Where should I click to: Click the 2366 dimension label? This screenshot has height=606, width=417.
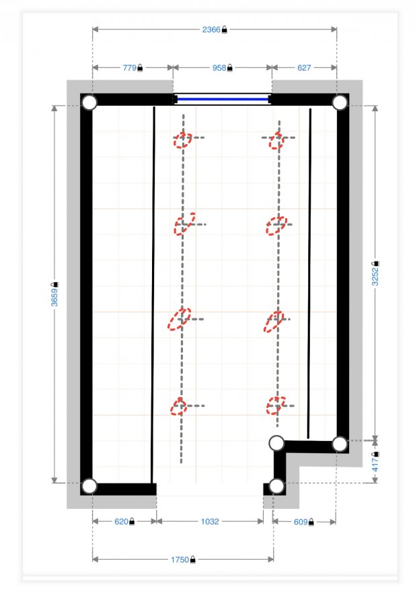click(x=211, y=30)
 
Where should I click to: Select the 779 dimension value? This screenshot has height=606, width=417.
click(x=129, y=68)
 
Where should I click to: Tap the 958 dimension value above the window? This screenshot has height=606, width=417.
click(x=219, y=68)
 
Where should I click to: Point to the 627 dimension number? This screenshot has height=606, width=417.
click(x=304, y=68)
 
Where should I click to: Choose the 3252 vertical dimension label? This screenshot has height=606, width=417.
click(x=375, y=277)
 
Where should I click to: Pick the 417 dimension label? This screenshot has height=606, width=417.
click(x=375, y=465)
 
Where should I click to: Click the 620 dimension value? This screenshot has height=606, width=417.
click(x=121, y=522)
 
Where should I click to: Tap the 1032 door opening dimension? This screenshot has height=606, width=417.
click(x=210, y=522)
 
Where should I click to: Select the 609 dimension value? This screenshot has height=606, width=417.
click(x=301, y=522)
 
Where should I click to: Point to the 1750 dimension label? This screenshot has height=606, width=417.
click(x=180, y=560)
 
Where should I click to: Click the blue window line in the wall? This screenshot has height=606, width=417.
click(x=223, y=100)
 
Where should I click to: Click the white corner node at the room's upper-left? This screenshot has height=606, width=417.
click(x=89, y=102)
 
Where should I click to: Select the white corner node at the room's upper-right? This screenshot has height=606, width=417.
click(x=340, y=102)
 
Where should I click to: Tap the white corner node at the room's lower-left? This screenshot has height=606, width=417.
click(x=89, y=486)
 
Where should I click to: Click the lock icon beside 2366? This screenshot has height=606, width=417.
click(x=225, y=30)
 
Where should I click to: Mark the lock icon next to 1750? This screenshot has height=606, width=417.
click(x=192, y=560)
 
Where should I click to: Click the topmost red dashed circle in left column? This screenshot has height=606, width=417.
click(x=182, y=140)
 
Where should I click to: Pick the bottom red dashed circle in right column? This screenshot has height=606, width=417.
click(x=276, y=405)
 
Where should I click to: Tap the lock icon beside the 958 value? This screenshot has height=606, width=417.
click(x=230, y=68)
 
